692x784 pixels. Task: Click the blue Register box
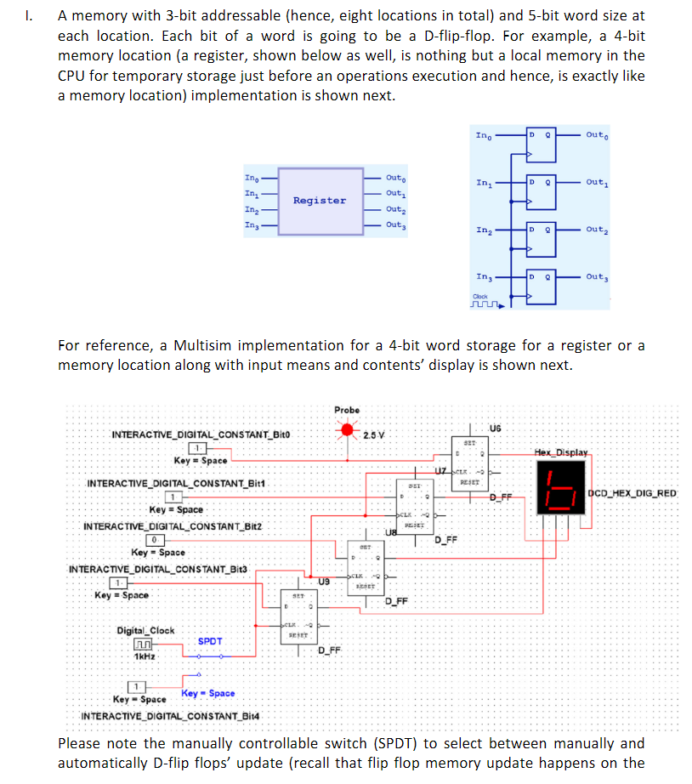tap(320, 201)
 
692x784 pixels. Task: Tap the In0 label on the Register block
tap(252, 178)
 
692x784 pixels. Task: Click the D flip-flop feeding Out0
tap(541, 145)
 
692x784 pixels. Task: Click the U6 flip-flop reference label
tap(496, 427)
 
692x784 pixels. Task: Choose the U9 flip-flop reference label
tap(324, 581)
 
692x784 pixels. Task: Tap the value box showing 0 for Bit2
tap(156, 540)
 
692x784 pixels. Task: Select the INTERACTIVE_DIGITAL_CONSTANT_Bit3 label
tap(156, 568)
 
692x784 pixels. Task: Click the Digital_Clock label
tap(145, 630)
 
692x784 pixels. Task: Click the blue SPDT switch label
tap(211, 641)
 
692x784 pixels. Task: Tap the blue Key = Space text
tap(209, 694)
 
